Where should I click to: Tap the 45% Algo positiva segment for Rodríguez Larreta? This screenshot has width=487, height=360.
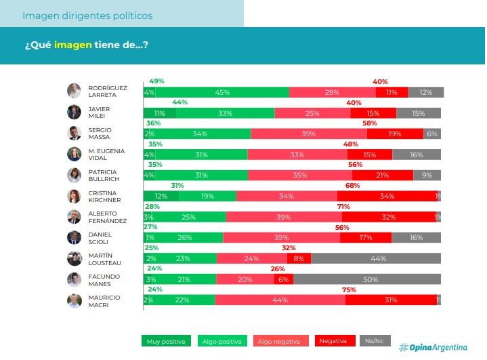coord(222,92)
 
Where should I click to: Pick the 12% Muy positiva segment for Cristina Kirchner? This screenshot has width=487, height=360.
coord(161,196)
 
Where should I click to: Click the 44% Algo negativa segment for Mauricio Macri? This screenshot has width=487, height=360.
coord(280,300)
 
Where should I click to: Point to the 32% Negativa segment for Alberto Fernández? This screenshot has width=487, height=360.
coord(388,217)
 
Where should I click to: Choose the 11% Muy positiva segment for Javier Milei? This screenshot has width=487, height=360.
coord(160,113)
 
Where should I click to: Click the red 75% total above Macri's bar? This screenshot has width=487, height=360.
coord(350,289)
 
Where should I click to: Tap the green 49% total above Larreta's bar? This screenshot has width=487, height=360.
coord(156,81)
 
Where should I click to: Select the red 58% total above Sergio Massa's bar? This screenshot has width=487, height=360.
coord(370,123)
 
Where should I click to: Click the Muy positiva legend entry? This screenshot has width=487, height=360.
coord(167,341)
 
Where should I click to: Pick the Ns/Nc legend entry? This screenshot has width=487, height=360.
coord(375,341)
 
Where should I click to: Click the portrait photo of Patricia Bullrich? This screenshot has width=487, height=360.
coord(74,176)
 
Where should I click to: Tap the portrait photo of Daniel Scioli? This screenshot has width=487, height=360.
coord(74,238)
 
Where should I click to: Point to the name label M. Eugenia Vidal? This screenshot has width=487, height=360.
coord(104,155)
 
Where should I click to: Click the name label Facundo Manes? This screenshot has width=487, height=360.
coord(104,280)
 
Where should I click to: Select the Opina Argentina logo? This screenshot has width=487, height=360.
coord(433,347)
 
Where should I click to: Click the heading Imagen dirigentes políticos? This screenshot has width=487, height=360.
coord(87,15)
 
